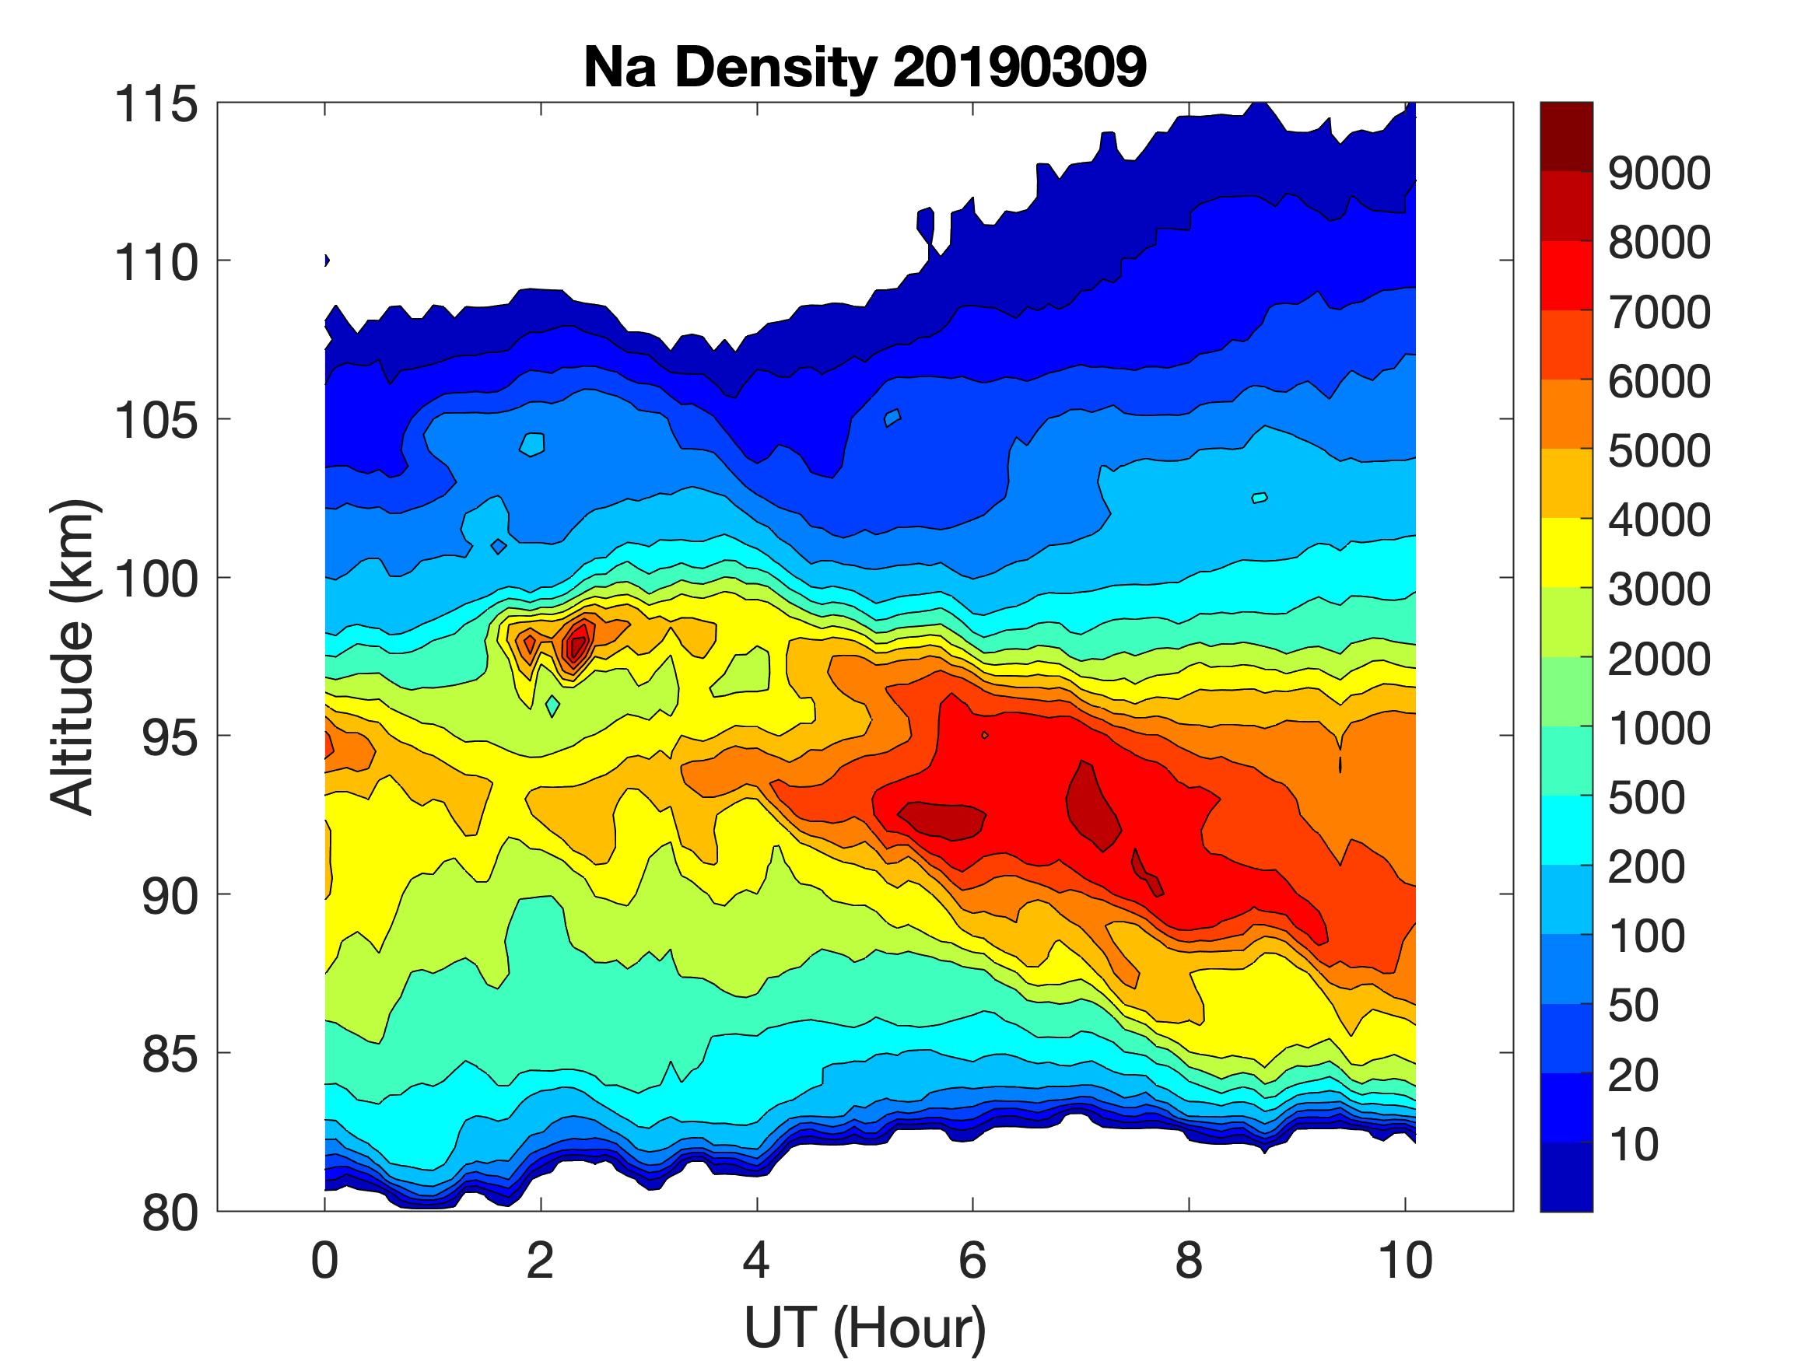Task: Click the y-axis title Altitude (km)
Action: pos(74,656)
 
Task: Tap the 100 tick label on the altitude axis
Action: pos(156,579)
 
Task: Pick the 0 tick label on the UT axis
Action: pos(324,1261)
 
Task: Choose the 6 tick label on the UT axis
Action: pos(972,1261)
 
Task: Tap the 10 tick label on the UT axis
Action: pos(1406,1261)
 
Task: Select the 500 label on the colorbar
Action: pos(1646,797)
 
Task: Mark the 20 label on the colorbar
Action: pos(1634,1075)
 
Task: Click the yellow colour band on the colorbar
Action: pos(1565,552)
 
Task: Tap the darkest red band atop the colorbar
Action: pos(1565,135)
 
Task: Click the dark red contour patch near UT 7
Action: pos(1091,804)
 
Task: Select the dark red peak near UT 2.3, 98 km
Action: pos(578,642)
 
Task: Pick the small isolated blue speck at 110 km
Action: pos(327,261)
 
